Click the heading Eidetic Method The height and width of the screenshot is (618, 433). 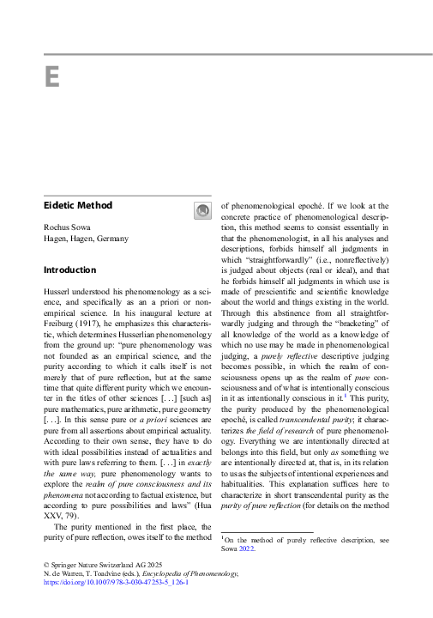(78, 206)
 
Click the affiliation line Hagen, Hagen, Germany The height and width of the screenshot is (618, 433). (86, 238)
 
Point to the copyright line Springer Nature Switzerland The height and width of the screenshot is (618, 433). (103, 563)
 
